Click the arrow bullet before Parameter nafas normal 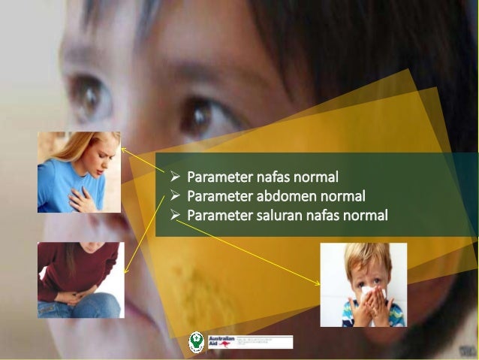[x=174, y=178]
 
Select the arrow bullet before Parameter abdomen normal [x=174, y=197]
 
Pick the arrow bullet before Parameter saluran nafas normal [x=174, y=216]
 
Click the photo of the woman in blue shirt [x=79, y=172]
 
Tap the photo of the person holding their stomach [x=80, y=280]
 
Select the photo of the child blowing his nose [x=363, y=285]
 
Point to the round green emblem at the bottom [x=196, y=342]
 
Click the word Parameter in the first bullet [x=219, y=178]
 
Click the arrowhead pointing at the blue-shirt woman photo [x=124, y=149]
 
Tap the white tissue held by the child [x=369, y=294]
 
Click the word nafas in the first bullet [x=276, y=178]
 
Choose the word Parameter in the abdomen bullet [x=219, y=197]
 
